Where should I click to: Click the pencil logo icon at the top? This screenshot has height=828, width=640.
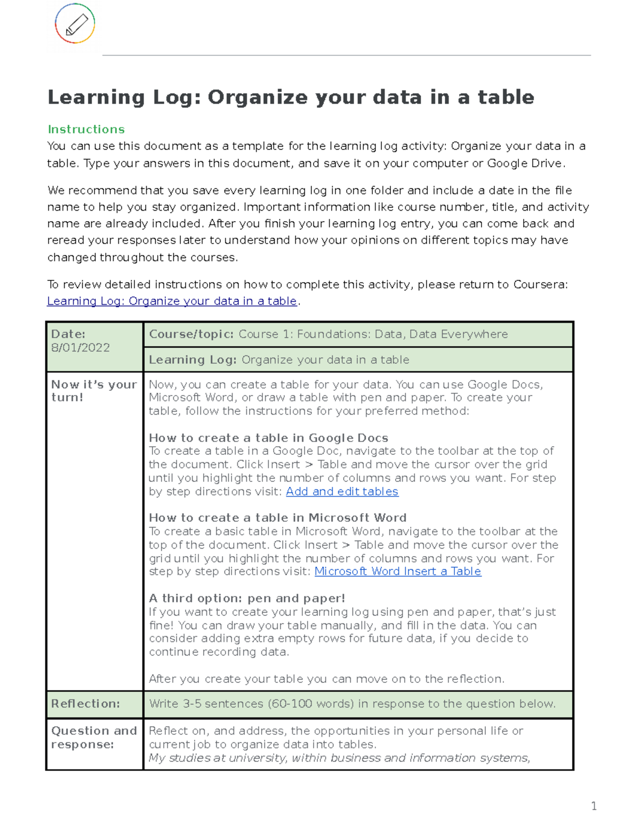click(75, 24)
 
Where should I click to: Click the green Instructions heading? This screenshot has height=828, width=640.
click(86, 129)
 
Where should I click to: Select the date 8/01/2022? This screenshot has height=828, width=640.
click(80, 348)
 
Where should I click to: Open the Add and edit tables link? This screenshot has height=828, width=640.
click(342, 492)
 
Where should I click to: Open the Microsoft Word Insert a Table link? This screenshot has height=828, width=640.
click(398, 572)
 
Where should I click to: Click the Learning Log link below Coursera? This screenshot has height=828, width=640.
click(172, 301)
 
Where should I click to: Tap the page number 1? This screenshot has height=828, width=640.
click(594, 806)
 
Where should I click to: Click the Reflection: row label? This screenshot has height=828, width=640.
click(85, 704)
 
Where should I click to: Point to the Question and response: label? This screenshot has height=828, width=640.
click(94, 737)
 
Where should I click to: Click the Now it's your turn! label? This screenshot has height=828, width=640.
click(94, 391)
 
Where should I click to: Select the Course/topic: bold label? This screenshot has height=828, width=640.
click(191, 334)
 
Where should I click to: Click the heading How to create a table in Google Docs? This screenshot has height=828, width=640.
click(268, 438)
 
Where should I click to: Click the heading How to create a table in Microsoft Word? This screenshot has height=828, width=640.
click(277, 518)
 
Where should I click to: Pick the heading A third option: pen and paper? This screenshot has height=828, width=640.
click(247, 598)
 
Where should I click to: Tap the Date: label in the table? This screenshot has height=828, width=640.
click(68, 334)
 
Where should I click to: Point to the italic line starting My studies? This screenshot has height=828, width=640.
click(339, 758)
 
